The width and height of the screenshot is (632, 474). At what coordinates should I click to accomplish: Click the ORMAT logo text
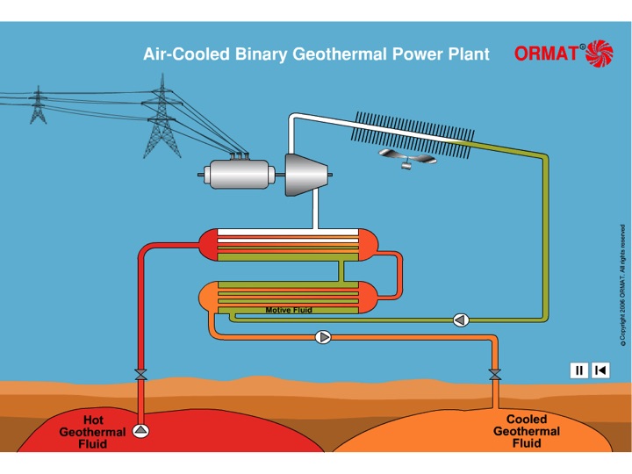pos(546,54)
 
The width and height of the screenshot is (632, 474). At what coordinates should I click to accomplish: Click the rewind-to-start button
pos(600,370)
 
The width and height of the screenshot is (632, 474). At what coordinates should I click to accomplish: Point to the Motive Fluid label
pos(289,310)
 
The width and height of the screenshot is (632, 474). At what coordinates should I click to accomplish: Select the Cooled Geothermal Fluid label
pos(527,432)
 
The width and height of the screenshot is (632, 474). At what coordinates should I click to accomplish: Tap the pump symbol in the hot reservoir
pos(140,431)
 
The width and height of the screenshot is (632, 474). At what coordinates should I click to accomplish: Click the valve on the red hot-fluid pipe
pos(140,375)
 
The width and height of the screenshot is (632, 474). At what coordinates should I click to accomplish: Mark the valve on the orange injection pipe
pos(495,375)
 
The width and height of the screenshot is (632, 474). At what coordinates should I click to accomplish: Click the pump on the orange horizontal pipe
pos(324,336)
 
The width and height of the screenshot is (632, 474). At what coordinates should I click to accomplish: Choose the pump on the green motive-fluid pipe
pos(461,320)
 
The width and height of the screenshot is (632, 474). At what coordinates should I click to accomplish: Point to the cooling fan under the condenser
pos(406,159)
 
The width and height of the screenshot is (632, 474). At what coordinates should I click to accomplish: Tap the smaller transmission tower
pos(37,106)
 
